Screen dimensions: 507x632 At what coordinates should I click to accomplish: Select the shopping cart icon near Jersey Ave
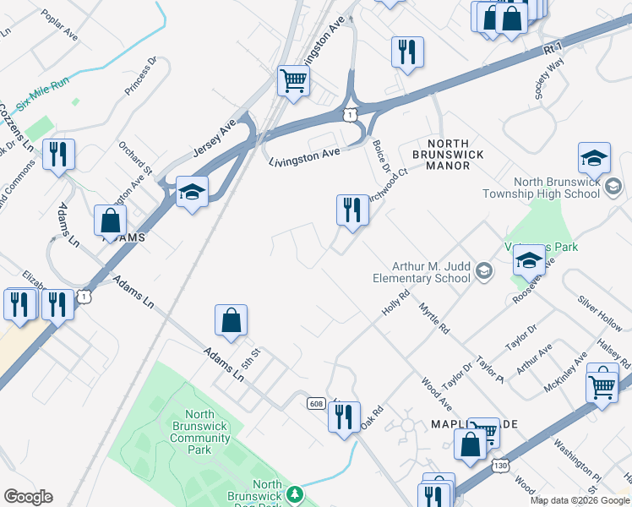[x=293, y=82]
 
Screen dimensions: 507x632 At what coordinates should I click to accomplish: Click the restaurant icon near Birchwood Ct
[x=352, y=210]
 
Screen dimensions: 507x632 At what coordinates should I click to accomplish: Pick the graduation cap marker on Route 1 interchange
[x=192, y=194]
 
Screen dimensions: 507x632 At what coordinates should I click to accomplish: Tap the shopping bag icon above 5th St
[x=231, y=321]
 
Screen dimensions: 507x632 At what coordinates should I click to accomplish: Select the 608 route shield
[x=316, y=404]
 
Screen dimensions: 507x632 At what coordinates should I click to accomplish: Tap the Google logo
[x=28, y=497]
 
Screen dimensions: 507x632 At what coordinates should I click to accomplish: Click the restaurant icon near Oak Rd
[x=343, y=417]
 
